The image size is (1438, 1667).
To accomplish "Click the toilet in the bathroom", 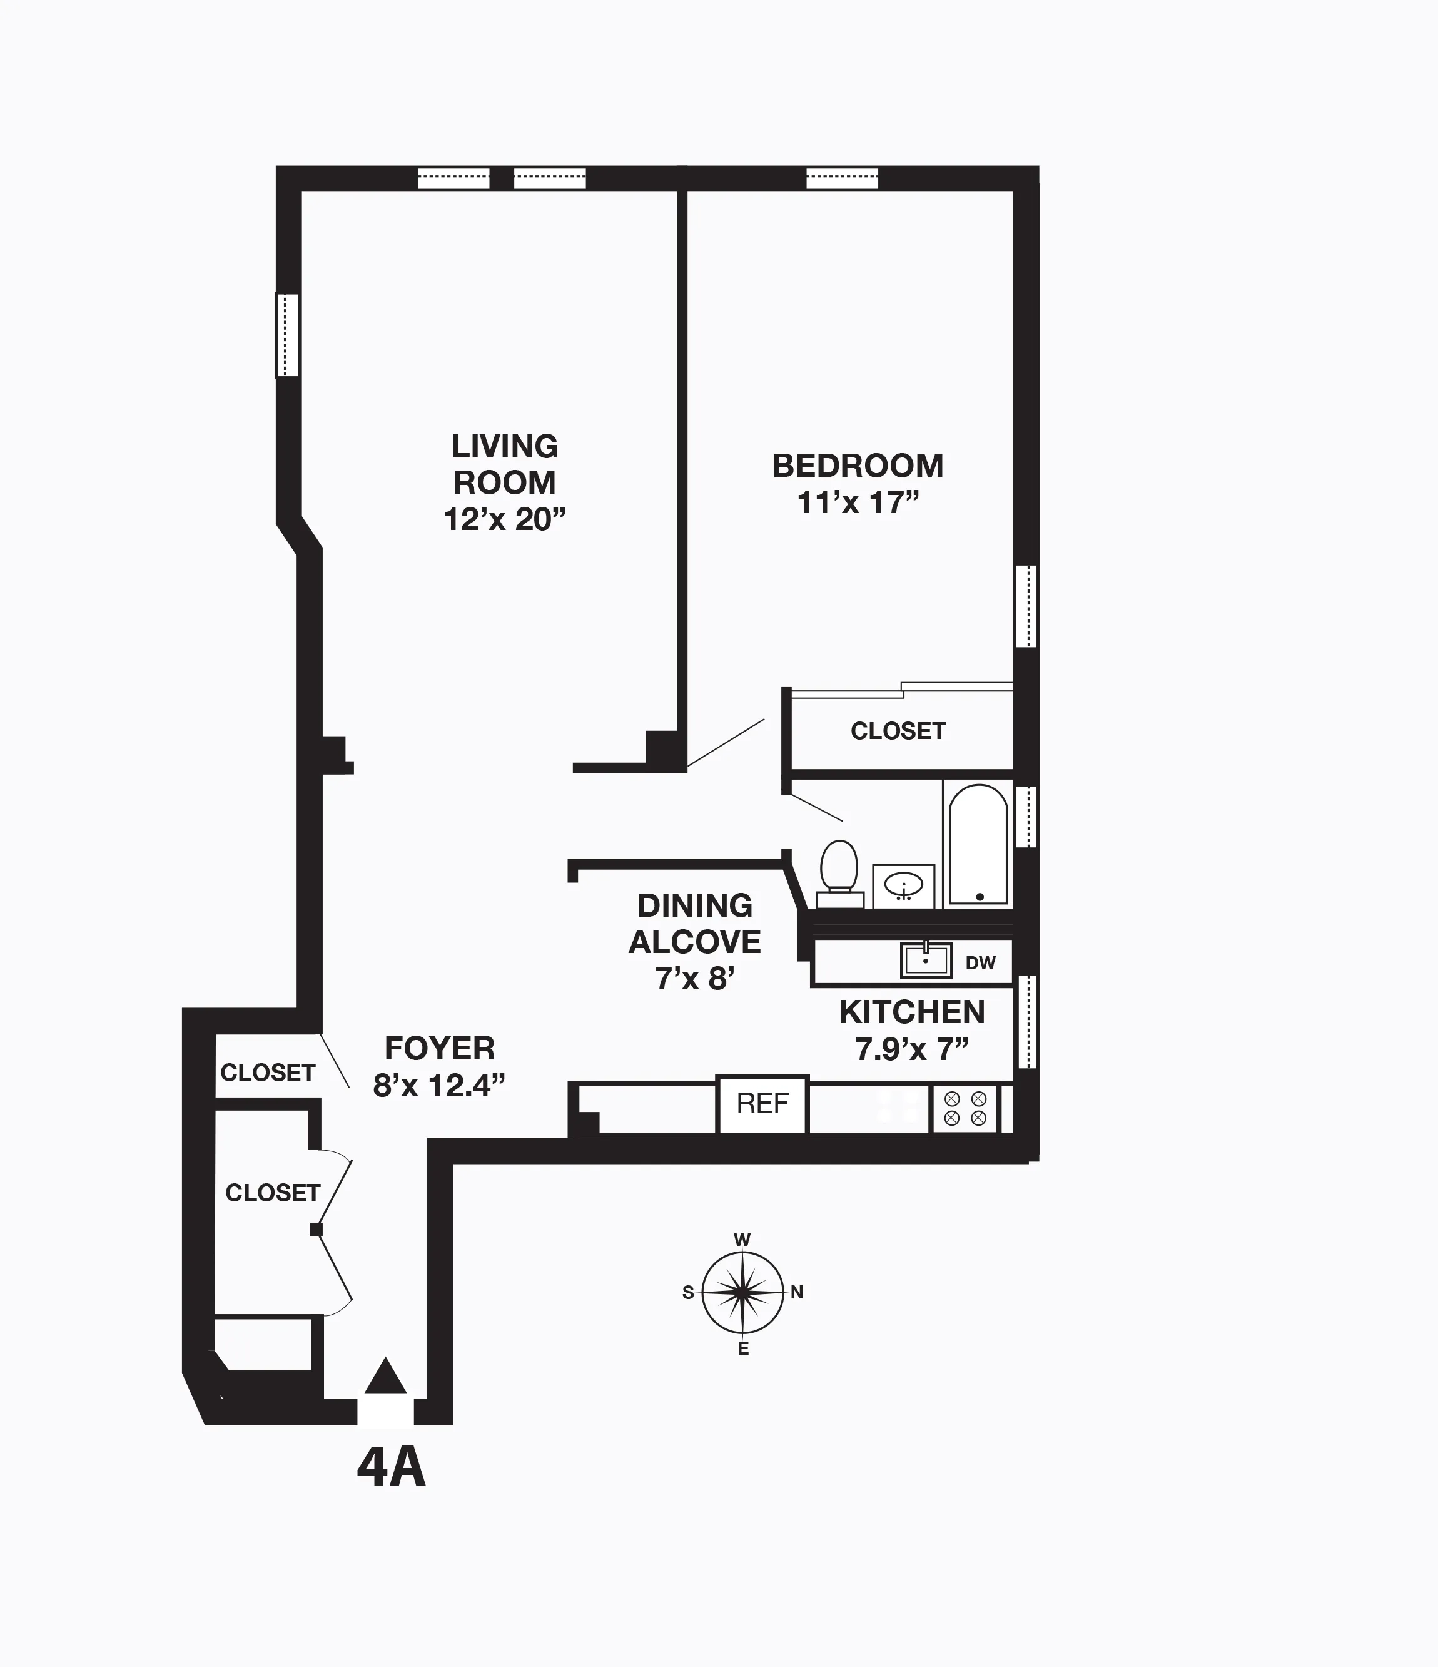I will [839, 870].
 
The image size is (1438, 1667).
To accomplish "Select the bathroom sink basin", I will [904, 886].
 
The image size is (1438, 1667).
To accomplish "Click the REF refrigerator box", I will [762, 1103].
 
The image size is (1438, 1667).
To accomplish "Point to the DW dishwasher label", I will [980, 963].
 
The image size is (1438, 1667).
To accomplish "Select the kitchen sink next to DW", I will [926, 960].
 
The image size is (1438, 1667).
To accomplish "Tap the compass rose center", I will [742, 1292].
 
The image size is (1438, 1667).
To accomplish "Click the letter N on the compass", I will [797, 1292].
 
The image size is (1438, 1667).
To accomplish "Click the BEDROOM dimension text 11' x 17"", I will [858, 503].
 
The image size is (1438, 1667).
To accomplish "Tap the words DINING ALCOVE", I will [695, 924].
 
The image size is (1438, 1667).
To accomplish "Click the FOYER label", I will [439, 1048].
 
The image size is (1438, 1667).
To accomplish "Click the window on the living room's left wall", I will [287, 335].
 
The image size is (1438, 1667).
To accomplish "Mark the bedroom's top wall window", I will [842, 178].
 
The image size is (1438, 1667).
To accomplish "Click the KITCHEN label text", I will [912, 1012].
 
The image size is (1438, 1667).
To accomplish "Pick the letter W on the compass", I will [742, 1240].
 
